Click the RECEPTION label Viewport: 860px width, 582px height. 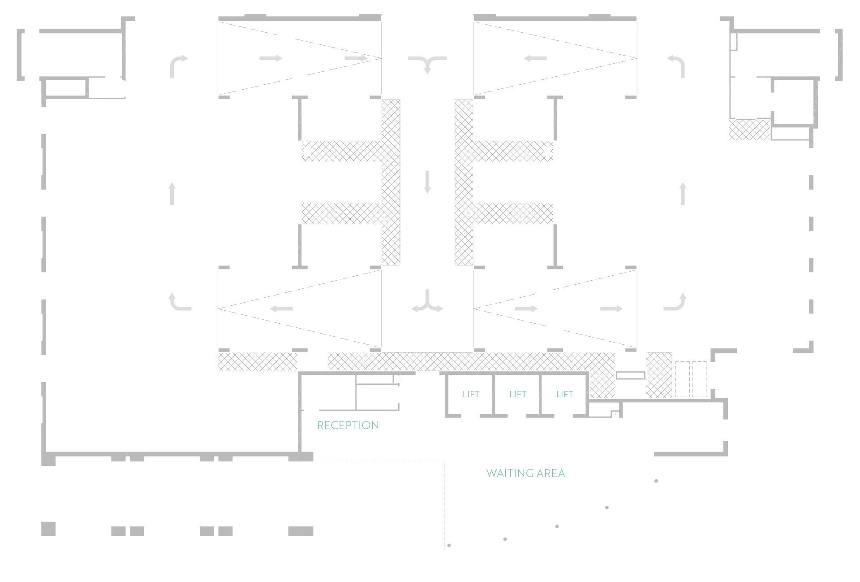[348, 425]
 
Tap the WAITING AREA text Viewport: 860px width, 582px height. [525, 473]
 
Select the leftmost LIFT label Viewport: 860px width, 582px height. [471, 394]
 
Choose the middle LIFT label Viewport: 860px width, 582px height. [518, 394]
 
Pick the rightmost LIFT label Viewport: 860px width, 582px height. [564, 394]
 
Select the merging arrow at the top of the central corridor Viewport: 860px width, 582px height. [427, 63]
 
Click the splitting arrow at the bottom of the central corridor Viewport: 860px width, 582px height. [427, 303]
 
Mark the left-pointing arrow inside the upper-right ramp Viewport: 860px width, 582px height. [535, 58]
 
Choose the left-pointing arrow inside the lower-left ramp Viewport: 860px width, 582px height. [281, 308]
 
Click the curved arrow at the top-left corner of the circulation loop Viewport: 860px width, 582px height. [178, 65]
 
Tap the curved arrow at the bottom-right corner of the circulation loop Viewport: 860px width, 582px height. [676, 302]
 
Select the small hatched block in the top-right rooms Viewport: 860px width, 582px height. [749, 130]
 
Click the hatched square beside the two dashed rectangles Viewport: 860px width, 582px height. [659, 375]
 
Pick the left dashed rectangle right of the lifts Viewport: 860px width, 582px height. [682, 379]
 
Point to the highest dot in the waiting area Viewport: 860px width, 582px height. [656, 481]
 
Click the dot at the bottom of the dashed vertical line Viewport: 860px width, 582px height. [449, 545]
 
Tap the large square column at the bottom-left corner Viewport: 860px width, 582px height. [48, 529]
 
